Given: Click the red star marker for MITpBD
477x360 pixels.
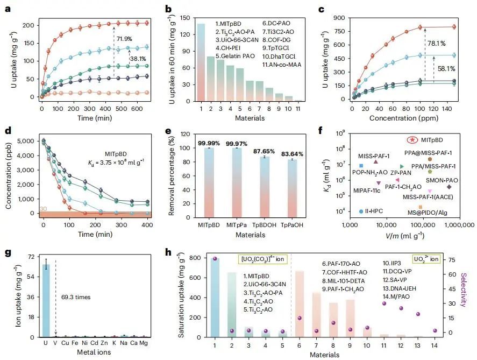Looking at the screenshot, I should coord(412,140).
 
